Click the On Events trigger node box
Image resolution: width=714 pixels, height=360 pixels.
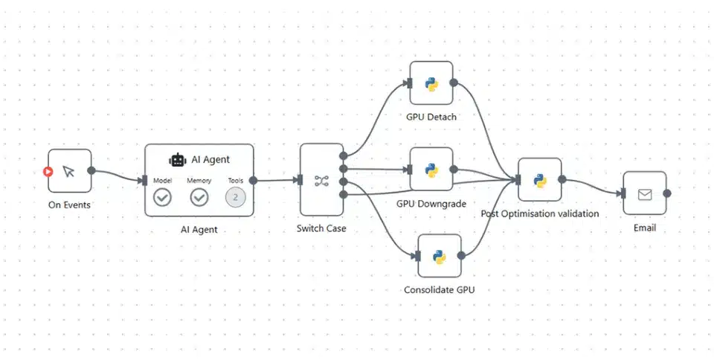tap(69, 171)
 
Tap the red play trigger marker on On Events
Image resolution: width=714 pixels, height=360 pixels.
tap(48, 171)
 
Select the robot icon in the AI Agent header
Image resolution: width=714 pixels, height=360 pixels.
tap(177, 159)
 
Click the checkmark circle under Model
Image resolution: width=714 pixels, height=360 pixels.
tap(162, 197)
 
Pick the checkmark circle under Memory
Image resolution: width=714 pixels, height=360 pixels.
tap(199, 197)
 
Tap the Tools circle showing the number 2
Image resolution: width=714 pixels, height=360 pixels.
tap(235, 197)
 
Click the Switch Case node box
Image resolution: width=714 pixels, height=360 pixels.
tap(321, 180)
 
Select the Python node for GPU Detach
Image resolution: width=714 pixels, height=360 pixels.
tap(431, 83)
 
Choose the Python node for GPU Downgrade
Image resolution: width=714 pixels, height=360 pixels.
tap(431, 169)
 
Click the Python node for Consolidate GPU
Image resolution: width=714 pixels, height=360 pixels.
tap(439, 256)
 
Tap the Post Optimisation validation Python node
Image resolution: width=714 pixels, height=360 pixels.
tap(539, 179)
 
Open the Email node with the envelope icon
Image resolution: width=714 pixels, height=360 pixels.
tap(644, 193)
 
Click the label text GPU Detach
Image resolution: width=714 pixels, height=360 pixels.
tap(431, 117)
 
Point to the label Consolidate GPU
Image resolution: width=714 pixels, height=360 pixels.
tap(439, 289)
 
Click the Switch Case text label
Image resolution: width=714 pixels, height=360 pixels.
tap(321, 228)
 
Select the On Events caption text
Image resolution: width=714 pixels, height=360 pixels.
tap(69, 205)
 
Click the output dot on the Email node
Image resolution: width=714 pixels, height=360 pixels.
tap(667, 193)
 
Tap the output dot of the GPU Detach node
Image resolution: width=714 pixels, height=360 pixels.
tap(454, 83)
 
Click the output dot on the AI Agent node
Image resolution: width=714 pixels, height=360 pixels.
tap(254, 179)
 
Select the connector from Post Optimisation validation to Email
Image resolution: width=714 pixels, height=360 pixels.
tap(594, 186)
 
